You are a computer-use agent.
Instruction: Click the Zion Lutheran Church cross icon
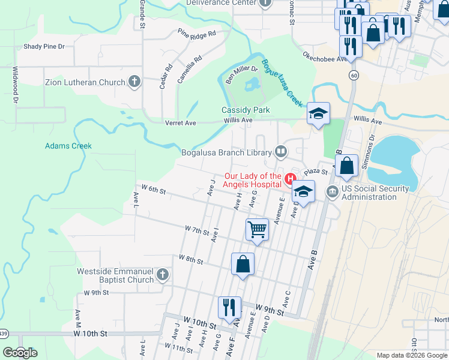[134, 82]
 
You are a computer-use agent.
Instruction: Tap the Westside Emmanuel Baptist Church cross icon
[161, 275]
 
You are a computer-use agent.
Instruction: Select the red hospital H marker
[291, 178]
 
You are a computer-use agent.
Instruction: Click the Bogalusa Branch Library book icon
[280, 151]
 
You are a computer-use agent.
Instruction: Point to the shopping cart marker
[257, 229]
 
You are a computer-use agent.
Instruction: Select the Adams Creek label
[68, 146]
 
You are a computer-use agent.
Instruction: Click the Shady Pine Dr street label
[44, 46]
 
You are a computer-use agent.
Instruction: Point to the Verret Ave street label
[181, 123]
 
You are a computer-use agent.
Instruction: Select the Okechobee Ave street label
[325, 59]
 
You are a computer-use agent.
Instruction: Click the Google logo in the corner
[20, 353]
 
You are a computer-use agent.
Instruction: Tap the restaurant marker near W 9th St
[229, 307]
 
